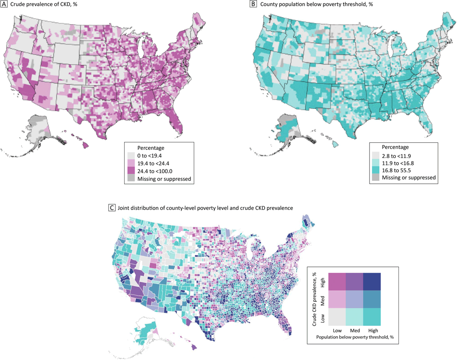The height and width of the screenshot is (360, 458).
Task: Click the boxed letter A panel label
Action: pos(5,5)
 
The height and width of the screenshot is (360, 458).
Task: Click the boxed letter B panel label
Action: pos(253,5)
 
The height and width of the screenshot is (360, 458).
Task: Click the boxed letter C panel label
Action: pos(111,208)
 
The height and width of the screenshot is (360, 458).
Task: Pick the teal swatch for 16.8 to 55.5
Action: pos(376,169)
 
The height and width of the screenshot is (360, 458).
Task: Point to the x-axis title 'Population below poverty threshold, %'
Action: pos(355,336)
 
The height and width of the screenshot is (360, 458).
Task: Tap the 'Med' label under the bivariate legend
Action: pos(354,330)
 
